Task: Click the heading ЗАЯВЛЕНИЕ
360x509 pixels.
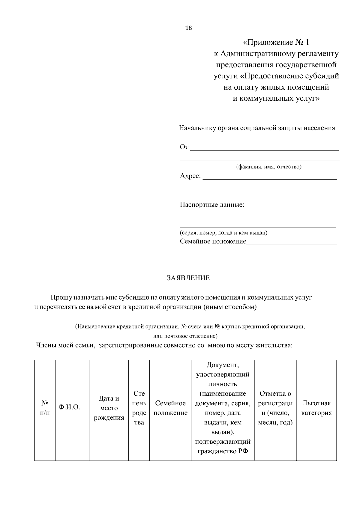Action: [188, 278]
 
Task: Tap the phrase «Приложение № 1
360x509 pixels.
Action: [276, 42]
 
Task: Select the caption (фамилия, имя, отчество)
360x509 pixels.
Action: [269, 167]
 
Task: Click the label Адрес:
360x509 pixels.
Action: [190, 176]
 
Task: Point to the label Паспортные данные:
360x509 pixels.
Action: [212, 205]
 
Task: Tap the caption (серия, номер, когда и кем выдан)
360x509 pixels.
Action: [223, 233]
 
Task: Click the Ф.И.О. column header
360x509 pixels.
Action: [69, 407]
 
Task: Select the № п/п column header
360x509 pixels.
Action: [45, 408]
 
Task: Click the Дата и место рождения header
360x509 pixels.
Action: [109, 408]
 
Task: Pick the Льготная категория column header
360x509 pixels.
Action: [316, 408]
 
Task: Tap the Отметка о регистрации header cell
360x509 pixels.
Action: [275, 408]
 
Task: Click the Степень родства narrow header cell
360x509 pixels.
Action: [139, 408]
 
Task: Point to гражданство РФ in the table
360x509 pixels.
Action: [223, 451]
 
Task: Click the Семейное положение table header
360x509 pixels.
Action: [170, 408]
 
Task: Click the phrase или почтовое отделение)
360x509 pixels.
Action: [185, 336]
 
